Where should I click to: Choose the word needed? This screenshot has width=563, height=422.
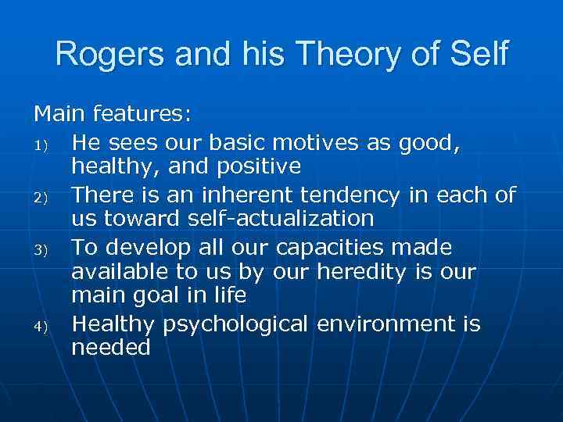110,347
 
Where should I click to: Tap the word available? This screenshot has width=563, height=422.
116,272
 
